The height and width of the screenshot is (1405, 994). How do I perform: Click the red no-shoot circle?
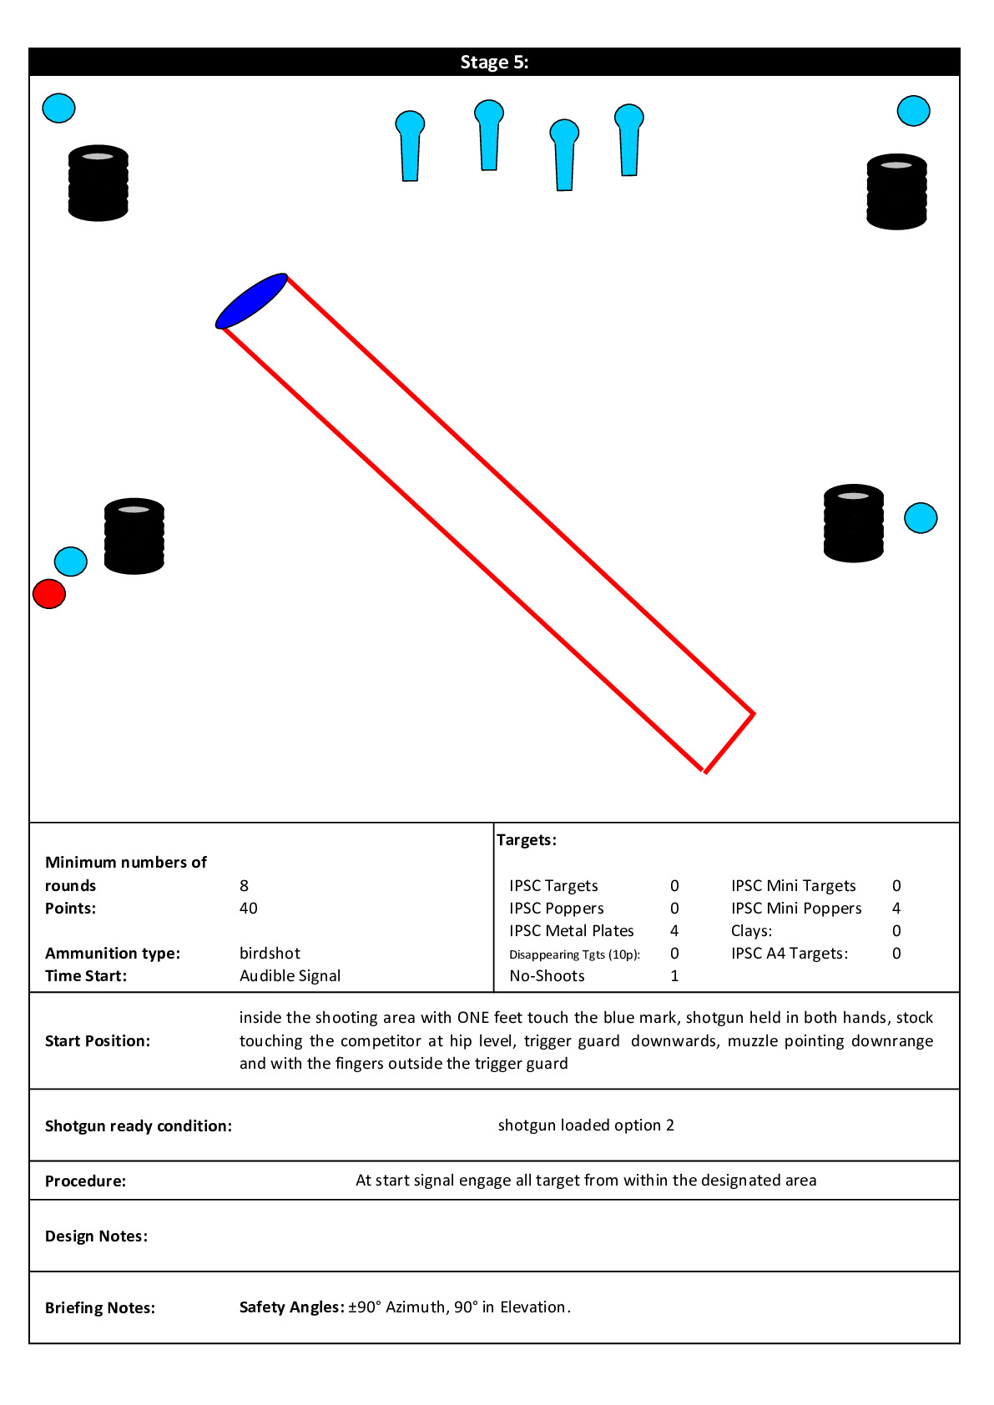click(x=49, y=594)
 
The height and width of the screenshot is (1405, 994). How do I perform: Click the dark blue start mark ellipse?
click(x=251, y=300)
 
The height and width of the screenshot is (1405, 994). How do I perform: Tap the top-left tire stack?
click(x=98, y=184)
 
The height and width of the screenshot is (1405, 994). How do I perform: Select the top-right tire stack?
click(x=896, y=192)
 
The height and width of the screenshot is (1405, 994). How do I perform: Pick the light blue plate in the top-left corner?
click(x=58, y=108)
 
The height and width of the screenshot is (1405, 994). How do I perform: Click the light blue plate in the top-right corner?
click(x=913, y=111)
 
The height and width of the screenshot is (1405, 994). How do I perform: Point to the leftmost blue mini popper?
click(x=410, y=146)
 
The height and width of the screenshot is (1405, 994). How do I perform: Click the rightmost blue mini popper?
click(x=629, y=139)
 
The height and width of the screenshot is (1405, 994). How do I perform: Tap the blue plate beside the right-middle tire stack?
click(x=921, y=518)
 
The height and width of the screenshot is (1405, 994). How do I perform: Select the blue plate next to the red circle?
click(x=71, y=561)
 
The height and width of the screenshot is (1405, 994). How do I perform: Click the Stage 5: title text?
click(x=494, y=63)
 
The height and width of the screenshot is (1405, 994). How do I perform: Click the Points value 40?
click(x=249, y=909)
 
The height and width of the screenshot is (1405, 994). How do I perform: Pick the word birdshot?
click(x=270, y=954)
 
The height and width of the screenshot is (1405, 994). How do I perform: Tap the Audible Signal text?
click(x=290, y=976)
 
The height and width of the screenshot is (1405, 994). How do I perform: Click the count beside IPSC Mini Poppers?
click(x=896, y=909)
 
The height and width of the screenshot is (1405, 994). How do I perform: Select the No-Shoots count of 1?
click(x=674, y=976)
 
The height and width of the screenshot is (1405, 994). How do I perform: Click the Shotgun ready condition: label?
click(x=139, y=1126)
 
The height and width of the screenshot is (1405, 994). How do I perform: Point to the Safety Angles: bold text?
click(x=291, y=1307)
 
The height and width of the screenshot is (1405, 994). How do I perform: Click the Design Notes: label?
click(x=96, y=1236)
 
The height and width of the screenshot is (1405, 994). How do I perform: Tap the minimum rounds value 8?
click(x=244, y=886)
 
